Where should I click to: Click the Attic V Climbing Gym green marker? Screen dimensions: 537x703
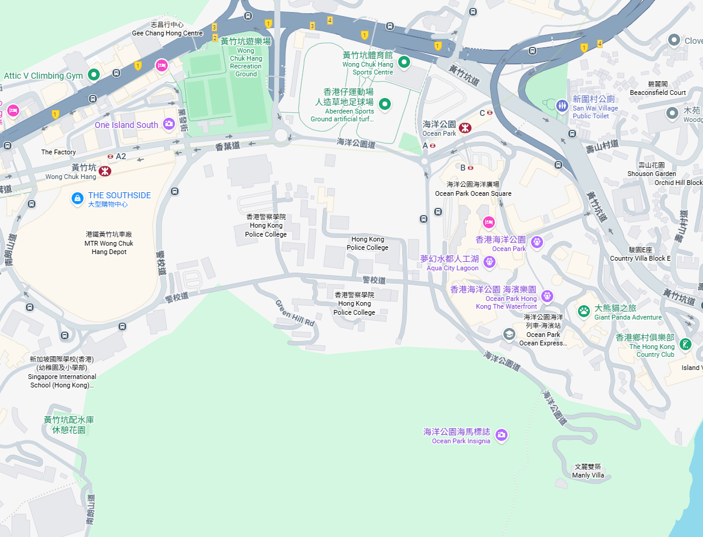pos(94,75)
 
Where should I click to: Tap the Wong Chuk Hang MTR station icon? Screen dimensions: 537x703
pos(105,171)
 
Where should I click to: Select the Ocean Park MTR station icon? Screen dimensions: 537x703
pos(464,127)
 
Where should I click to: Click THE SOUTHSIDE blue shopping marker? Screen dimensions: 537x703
pos(77,198)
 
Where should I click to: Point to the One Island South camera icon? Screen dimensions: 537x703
pos(169,124)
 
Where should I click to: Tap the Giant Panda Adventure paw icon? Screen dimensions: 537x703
pos(583,311)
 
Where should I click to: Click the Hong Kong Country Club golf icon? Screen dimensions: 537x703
pos(684,345)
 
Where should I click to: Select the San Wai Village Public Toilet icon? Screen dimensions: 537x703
pos(562,105)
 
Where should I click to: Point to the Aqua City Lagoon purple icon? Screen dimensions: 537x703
pos(489,262)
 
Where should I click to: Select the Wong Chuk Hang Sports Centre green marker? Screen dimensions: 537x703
pos(405,61)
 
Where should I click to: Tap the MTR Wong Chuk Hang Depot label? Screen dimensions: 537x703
pos(109,243)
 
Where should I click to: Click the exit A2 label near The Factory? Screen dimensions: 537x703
pos(121,156)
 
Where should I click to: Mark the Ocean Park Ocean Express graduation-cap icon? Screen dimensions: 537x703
pos(509,334)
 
